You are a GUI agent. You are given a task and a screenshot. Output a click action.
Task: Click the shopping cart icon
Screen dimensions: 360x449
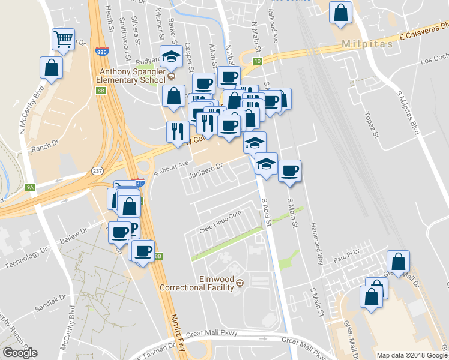[x=62, y=39]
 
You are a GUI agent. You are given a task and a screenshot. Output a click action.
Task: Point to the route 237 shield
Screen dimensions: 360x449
[x=97, y=170]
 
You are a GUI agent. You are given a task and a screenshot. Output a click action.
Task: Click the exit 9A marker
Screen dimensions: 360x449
[x=31, y=187]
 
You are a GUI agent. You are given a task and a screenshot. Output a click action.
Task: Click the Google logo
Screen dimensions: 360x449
[x=20, y=353]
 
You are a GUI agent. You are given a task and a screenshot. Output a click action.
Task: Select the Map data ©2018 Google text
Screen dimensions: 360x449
[x=411, y=355]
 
